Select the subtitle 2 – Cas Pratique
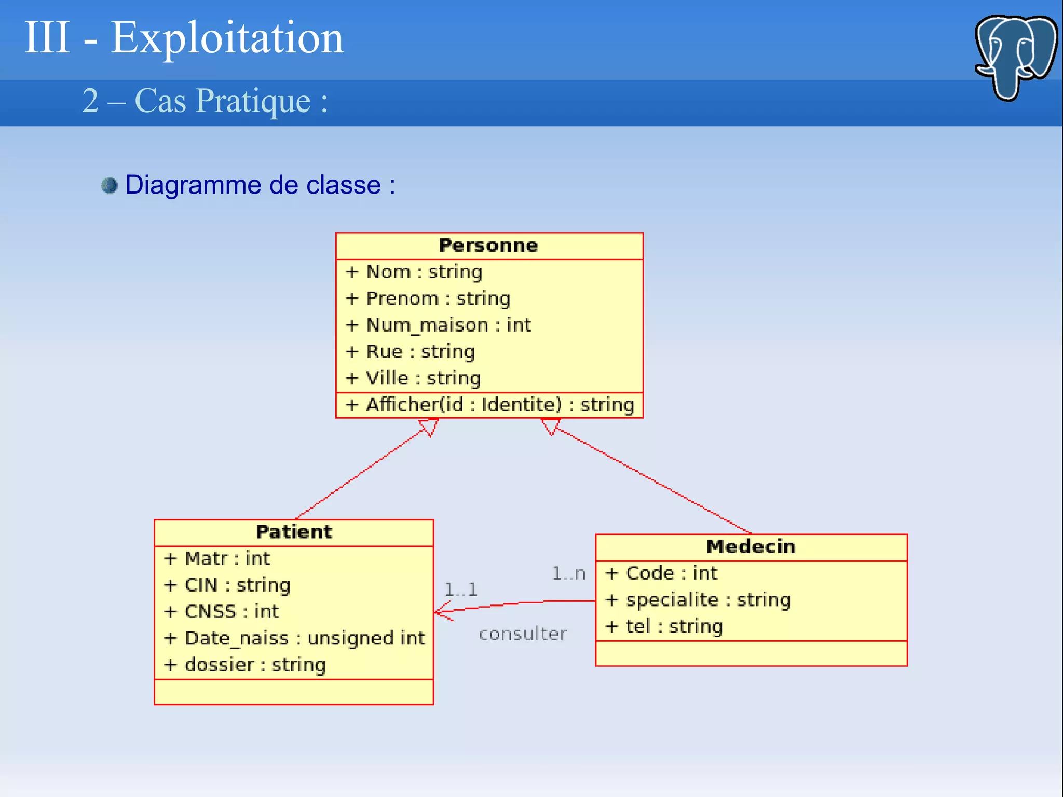tap(205, 101)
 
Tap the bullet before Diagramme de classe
tap(110, 185)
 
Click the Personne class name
tap(488, 245)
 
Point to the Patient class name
tap(294, 532)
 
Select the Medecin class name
tap(751, 546)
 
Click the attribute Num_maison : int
tap(448, 325)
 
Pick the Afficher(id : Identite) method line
tap(490, 405)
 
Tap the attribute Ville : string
tap(423, 378)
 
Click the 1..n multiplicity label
tap(568, 573)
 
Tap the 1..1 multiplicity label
tap(460, 589)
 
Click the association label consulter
tap(523, 634)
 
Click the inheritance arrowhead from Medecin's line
tap(550, 426)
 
